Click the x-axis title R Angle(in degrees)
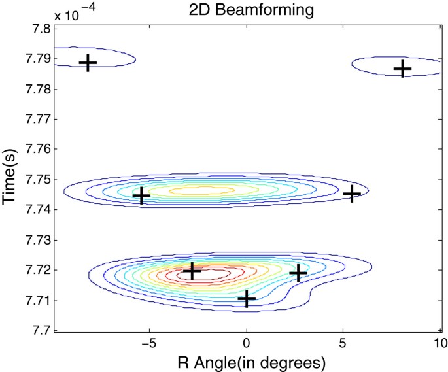click(247, 360)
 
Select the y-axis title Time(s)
click(10, 180)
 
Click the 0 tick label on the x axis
click(247, 342)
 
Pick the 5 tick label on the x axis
click(343, 342)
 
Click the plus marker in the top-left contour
click(88, 63)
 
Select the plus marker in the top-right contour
click(402, 68)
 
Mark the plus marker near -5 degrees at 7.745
click(141, 195)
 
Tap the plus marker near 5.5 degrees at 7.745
click(352, 194)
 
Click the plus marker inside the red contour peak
click(192, 271)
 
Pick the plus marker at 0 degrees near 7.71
click(246, 299)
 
